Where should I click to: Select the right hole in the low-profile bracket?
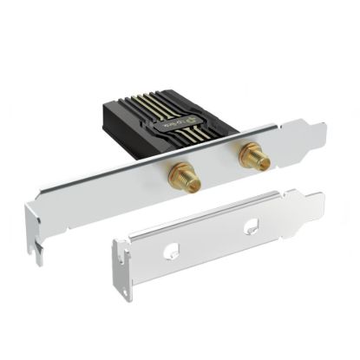click(252, 228)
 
